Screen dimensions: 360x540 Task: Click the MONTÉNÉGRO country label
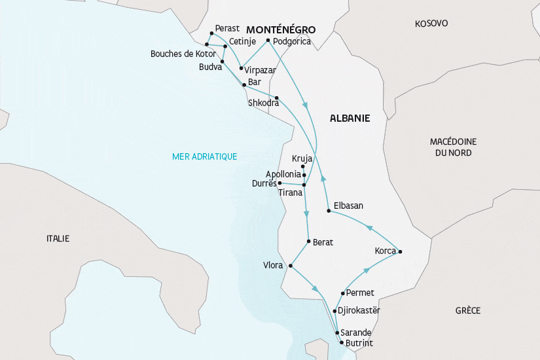pos(280,30)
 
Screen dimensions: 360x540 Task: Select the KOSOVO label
pos(431,24)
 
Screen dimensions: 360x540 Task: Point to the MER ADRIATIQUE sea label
pos(204,156)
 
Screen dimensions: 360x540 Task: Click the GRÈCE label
pos(468,310)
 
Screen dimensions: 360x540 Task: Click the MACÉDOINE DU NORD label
pos(454,147)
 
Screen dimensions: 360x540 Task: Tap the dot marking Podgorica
pos(268,41)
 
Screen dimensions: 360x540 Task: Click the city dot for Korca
pos(400,251)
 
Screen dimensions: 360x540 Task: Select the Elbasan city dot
pos(328,211)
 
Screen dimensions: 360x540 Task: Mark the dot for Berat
pos(308,242)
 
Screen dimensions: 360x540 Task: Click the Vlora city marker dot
pos(290,266)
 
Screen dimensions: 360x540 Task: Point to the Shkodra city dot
pos(277,98)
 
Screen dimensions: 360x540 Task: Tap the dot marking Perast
pos(211,33)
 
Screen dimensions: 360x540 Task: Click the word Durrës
pos(264,184)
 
